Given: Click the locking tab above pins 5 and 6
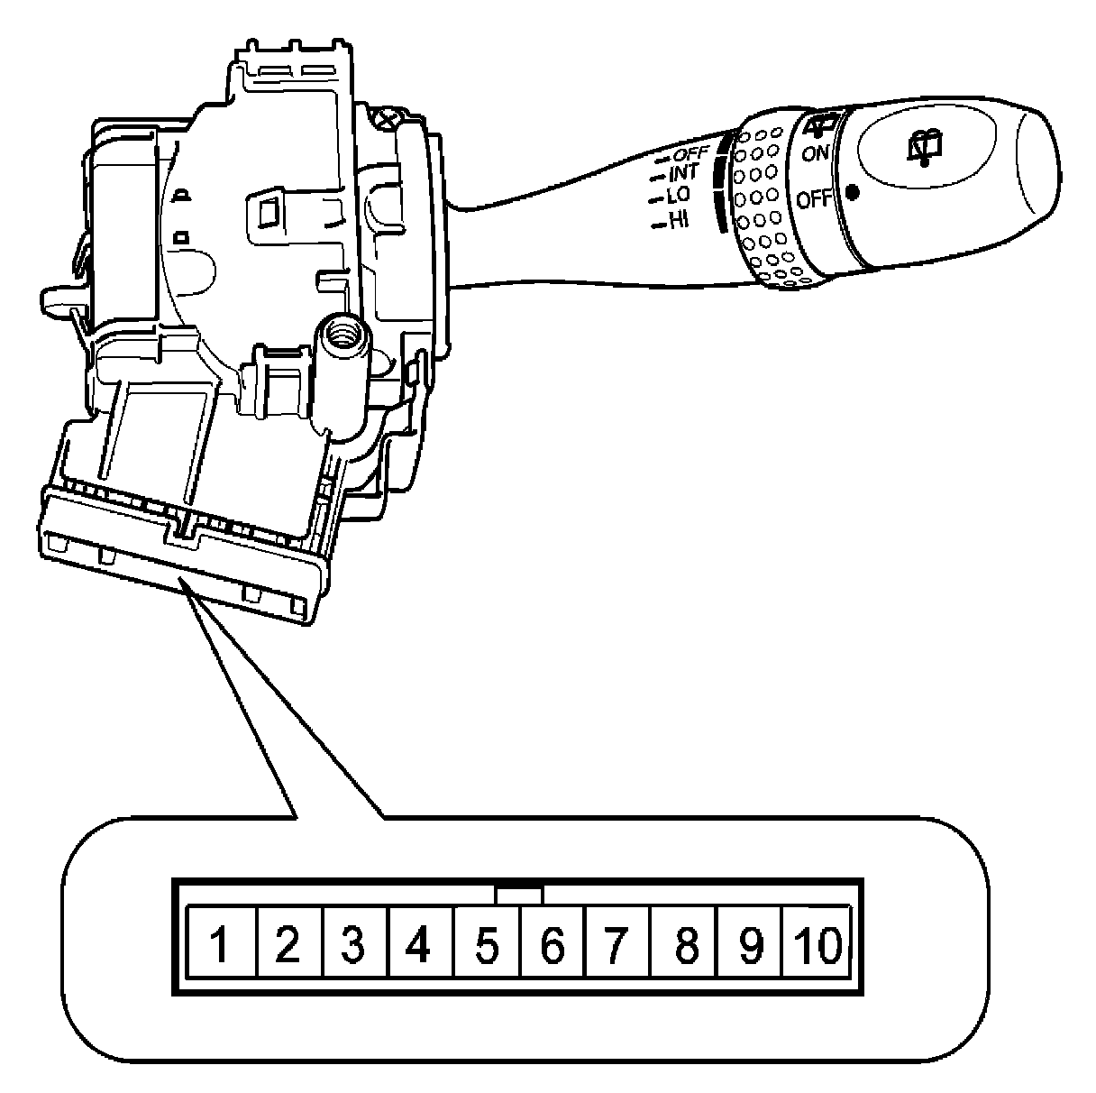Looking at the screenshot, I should (519, 895).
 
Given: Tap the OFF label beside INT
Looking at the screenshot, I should (691, 153).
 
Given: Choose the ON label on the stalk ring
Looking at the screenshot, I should (816, 153).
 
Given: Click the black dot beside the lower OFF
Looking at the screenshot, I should (852, 191).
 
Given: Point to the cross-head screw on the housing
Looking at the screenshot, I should (387, 116).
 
